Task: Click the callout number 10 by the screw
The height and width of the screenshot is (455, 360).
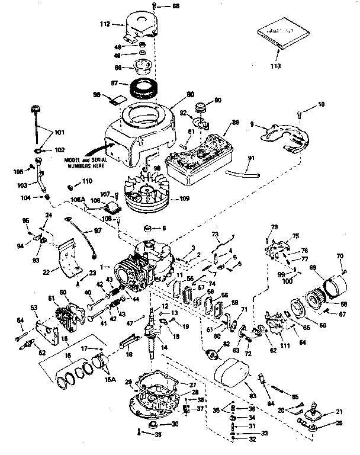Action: pyautogui.click(x=322, y=104)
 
